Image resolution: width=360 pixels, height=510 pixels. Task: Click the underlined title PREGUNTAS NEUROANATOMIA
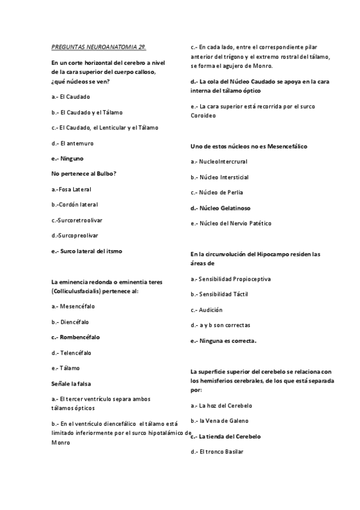click(x=99, y=46)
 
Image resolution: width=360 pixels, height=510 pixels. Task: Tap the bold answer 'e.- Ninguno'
click(x=68, y=158)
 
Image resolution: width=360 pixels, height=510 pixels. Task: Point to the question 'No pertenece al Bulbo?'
click(x=84, y=173)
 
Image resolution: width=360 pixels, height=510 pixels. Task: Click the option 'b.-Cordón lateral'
click(x=75, y=204)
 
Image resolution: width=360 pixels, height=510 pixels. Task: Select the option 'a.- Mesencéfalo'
click(x=73, y=306)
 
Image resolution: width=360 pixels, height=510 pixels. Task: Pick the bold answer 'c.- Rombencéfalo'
click(x=76, y=337)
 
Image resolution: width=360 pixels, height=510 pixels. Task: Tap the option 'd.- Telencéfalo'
click(x=72, y=352)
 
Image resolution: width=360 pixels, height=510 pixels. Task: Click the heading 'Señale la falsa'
click(x=72, y=382)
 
